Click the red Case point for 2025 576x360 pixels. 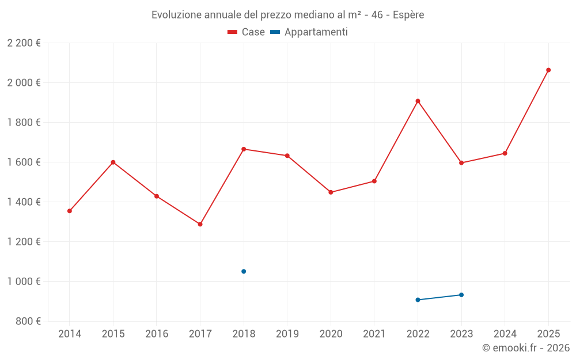pos(548,70)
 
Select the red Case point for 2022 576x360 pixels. pos(418,101)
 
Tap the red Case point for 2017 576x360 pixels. pos(200,224)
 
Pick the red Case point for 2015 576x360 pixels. pos(113,162)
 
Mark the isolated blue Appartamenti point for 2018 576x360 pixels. pos(244,271)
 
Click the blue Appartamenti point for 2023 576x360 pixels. pos(461,295)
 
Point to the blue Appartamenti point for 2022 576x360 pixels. pos(418,300)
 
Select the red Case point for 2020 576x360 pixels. pos(331,192)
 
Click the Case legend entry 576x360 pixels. pos(247,32)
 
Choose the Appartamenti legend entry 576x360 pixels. pos(309,32)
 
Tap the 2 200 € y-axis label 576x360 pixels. pos(24,43)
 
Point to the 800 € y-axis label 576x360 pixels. pos(28,321)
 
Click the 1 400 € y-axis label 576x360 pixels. pos(24,202)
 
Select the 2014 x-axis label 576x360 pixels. pos(70,334)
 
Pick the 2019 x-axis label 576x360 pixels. pos(287,334)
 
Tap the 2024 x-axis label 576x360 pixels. pos(505,334)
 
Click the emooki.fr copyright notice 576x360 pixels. pos(526,348)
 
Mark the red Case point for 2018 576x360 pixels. pos(244,149)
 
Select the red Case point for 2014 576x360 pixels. pos(70,211)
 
